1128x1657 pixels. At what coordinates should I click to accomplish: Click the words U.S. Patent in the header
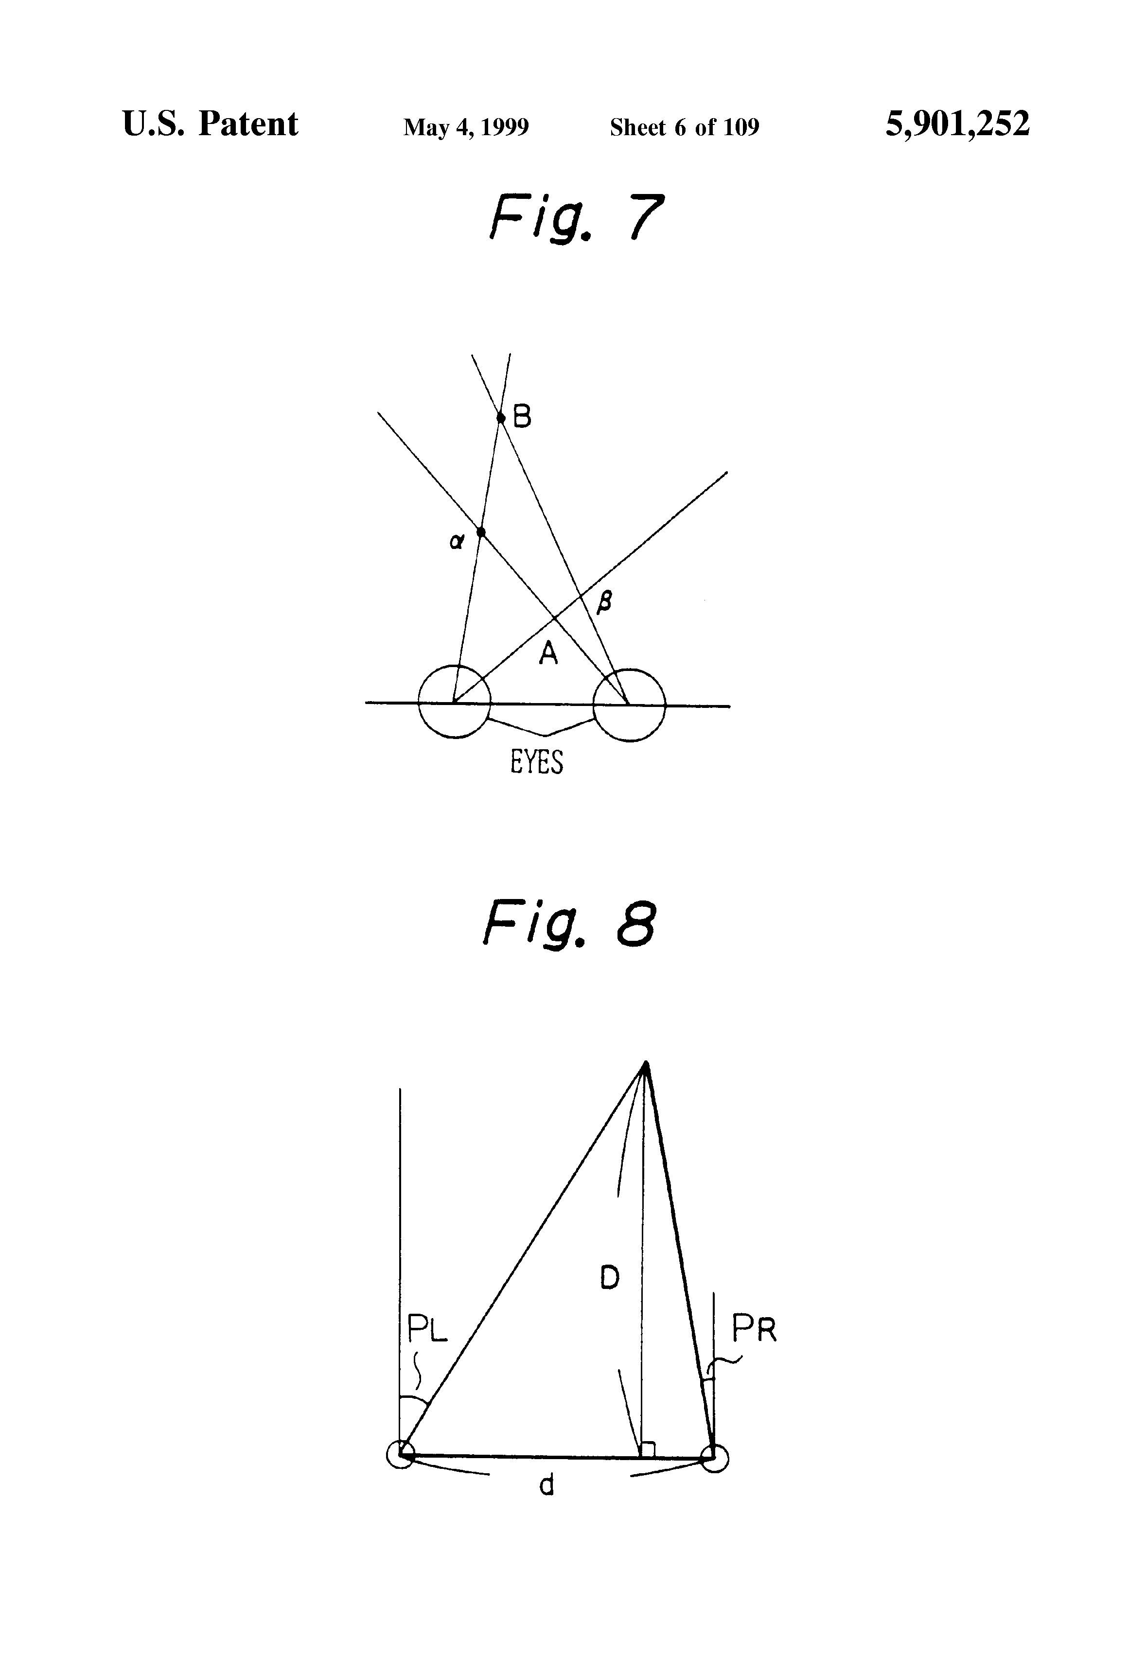click(211, 124)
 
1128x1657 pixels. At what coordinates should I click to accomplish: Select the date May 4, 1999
click(466, 127)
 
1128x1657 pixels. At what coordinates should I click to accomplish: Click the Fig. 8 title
click(569, 924)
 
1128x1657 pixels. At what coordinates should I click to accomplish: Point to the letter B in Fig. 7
click(522, 416)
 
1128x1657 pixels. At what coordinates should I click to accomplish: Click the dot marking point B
click(500, 418)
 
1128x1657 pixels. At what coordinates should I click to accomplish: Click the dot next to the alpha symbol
click(481, 532)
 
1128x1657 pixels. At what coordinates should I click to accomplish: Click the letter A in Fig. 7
click(547, 652)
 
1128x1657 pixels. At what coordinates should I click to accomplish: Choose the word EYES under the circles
click(536, 763)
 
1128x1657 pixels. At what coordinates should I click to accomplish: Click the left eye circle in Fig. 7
click(454, 702)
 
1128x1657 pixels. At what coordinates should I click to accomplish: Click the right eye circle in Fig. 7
click(629, 705)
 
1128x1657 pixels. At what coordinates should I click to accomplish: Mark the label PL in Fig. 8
click(426, 1328)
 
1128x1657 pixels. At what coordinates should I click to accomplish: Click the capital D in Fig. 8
click(610, 1278)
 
